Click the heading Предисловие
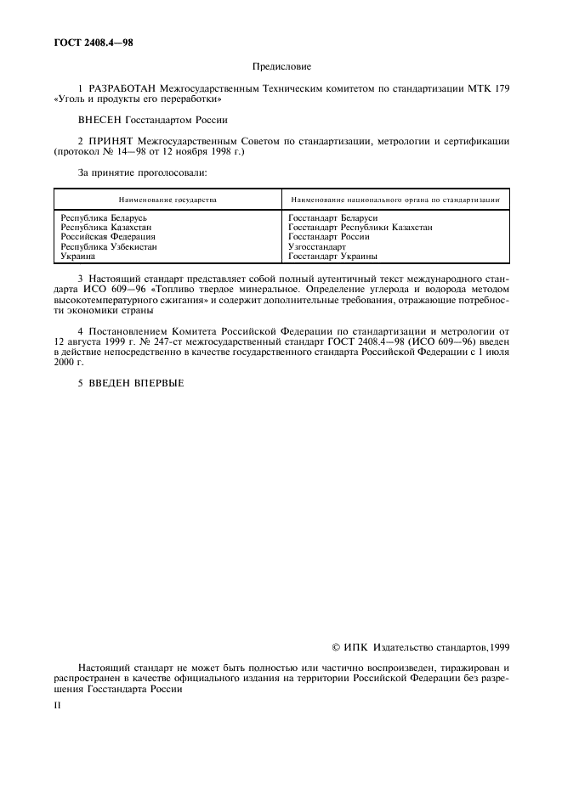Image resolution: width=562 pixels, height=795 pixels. tap(281, 65)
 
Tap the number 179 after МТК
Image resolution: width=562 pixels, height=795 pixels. tap(502, 88)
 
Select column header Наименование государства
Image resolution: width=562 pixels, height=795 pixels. tap(167, 200)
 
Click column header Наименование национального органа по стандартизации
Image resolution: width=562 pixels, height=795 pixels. tap(394, 200)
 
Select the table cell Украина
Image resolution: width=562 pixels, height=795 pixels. tap(77, 256)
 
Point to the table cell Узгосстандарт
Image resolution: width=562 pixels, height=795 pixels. tap(317, 246)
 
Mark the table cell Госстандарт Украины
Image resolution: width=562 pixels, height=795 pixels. tap(332, 256)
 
